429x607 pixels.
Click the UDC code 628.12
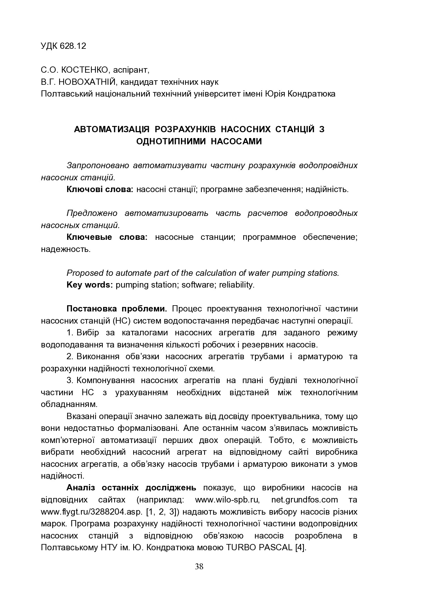[x=73, y=46]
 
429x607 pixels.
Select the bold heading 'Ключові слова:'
[x=100, y=189]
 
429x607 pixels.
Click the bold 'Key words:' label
[x=90, y=285]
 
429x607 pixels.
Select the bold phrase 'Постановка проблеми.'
[x=117, y=309]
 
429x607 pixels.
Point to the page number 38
[x=199, y=567]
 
